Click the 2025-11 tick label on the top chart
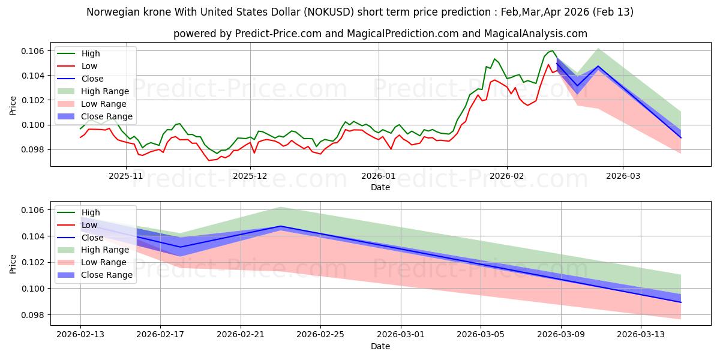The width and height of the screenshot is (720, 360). tap(126, 176)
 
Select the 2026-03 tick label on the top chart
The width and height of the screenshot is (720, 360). tap(622, 176)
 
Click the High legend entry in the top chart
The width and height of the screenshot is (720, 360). tap(91, 53)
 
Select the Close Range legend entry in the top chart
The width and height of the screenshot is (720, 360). tap(107, 116)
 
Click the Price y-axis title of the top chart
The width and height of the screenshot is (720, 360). tap(13, 105)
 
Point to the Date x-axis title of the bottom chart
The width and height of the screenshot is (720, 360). tap(380, 346)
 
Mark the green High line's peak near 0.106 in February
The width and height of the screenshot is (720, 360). tap(551, 51)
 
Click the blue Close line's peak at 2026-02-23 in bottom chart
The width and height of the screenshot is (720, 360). tap(281, 226)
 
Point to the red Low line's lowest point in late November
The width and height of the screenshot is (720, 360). tap(209, 160)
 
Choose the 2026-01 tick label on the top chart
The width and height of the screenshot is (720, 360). tap(378, 176)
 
